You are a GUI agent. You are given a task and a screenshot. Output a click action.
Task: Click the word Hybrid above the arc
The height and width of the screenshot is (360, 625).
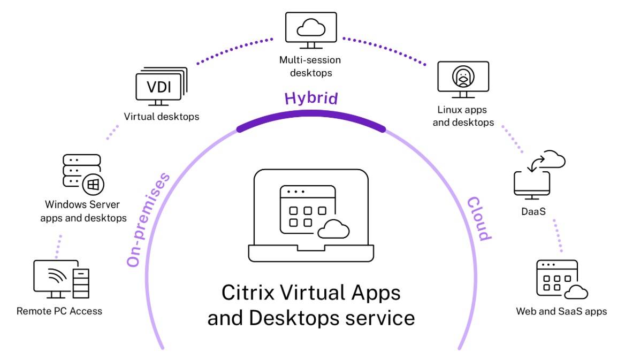point(311,98)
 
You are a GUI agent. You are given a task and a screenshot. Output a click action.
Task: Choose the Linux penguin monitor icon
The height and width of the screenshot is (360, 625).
point(463,79)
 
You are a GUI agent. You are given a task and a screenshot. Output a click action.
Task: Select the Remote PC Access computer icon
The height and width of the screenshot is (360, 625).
point(61,279)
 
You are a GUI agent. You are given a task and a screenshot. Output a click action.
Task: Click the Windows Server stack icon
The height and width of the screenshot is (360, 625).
point(82,173)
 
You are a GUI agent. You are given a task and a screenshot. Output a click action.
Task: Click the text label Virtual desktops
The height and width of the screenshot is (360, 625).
point(161,116)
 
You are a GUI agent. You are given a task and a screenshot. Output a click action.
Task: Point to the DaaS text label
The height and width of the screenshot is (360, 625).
point(533,212)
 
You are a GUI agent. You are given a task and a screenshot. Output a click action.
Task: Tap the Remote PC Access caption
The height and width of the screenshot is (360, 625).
point(59,311)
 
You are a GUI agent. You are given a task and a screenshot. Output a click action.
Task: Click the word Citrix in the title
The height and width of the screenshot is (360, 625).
point(243,294)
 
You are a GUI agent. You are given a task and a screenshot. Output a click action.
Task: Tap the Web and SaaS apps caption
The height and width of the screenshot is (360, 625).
point(561,311)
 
